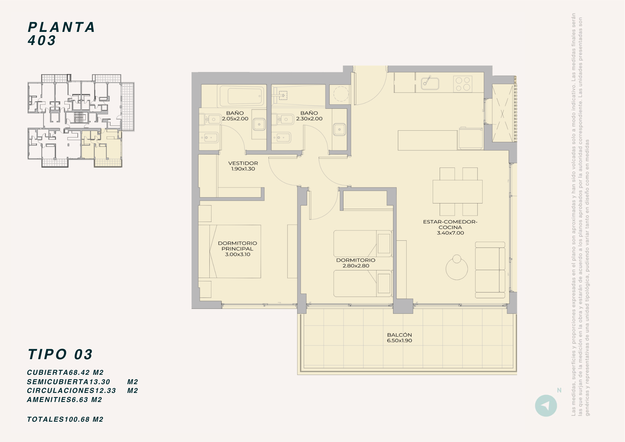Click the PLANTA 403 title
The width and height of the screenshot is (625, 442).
pos(62,34)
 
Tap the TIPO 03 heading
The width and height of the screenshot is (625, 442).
pos(60,354)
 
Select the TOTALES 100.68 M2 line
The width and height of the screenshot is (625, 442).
pos(65,419)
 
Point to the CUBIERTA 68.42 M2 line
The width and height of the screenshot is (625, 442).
pos(65,373)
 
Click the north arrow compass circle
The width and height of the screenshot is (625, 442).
pos(546,406)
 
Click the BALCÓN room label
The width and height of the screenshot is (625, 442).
pos(399,335)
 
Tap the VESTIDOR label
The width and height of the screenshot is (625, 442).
pos(243,163)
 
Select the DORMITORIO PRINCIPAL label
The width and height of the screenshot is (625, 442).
pos(237,246)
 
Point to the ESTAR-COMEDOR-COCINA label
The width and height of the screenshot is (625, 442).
pos(450,224)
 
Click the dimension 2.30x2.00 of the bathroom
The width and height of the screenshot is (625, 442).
pos(309,119)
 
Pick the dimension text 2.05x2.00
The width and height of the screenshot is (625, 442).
pos(235,119)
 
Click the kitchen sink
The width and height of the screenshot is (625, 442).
pos(430,83)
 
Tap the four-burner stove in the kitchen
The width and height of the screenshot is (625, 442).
pos(463,84)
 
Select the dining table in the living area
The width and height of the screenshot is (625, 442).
pos(457,192)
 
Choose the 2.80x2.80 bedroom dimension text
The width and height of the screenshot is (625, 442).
pos(356,266)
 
